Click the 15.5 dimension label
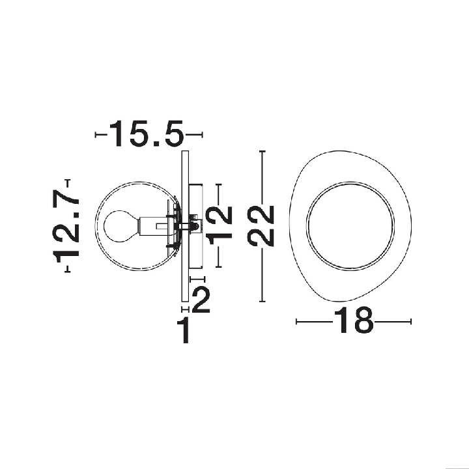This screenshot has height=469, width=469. pos(146,134)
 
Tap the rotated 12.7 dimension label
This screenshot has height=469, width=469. pos(66,226)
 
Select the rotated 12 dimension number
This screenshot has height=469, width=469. pos(220,225)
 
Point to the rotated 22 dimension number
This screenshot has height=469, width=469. pos(261,225)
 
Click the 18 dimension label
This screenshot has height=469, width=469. pos(354,320)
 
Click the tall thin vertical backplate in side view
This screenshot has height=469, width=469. pos(185,227)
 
